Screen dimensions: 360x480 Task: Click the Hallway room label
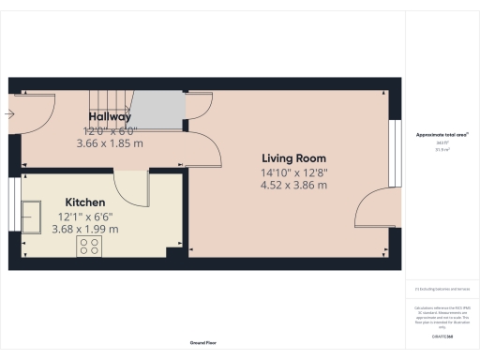coord(110,116)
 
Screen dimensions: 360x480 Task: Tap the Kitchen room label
coord(84,202)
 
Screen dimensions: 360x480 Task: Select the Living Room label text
coord(294,157)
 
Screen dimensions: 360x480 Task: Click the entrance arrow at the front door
coord(8,114)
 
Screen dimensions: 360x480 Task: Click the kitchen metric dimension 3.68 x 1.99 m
coord(84,229)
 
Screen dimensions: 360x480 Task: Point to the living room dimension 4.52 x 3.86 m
coord(294,186)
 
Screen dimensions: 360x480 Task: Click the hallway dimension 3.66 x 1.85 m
coord(110,143)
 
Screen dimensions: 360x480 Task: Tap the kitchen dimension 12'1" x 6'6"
coord(84,216)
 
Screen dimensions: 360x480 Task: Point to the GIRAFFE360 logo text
coord(442,336)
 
